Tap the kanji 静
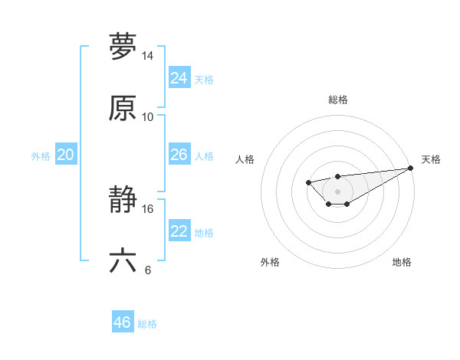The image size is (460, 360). (123, 200)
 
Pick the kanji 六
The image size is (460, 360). (123, 261)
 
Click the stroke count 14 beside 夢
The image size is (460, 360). (148, 56)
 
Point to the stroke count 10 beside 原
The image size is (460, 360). (148, 117)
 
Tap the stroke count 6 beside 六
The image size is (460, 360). (148, 270)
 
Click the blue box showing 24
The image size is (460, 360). (179, 78)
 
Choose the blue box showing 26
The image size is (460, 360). (179, 155)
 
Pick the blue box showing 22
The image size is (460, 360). (179, 231)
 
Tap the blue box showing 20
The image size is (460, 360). (66, 155)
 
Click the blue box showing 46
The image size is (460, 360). (123, 322)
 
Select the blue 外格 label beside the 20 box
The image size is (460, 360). (41, 156)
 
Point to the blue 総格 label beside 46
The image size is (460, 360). (147, 324)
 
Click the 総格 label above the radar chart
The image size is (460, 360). (337, 100)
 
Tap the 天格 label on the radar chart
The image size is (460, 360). (432, 159)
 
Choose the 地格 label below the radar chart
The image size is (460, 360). (402, 263)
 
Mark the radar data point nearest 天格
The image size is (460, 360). (411, 169)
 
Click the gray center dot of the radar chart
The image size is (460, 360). (337, 191)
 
